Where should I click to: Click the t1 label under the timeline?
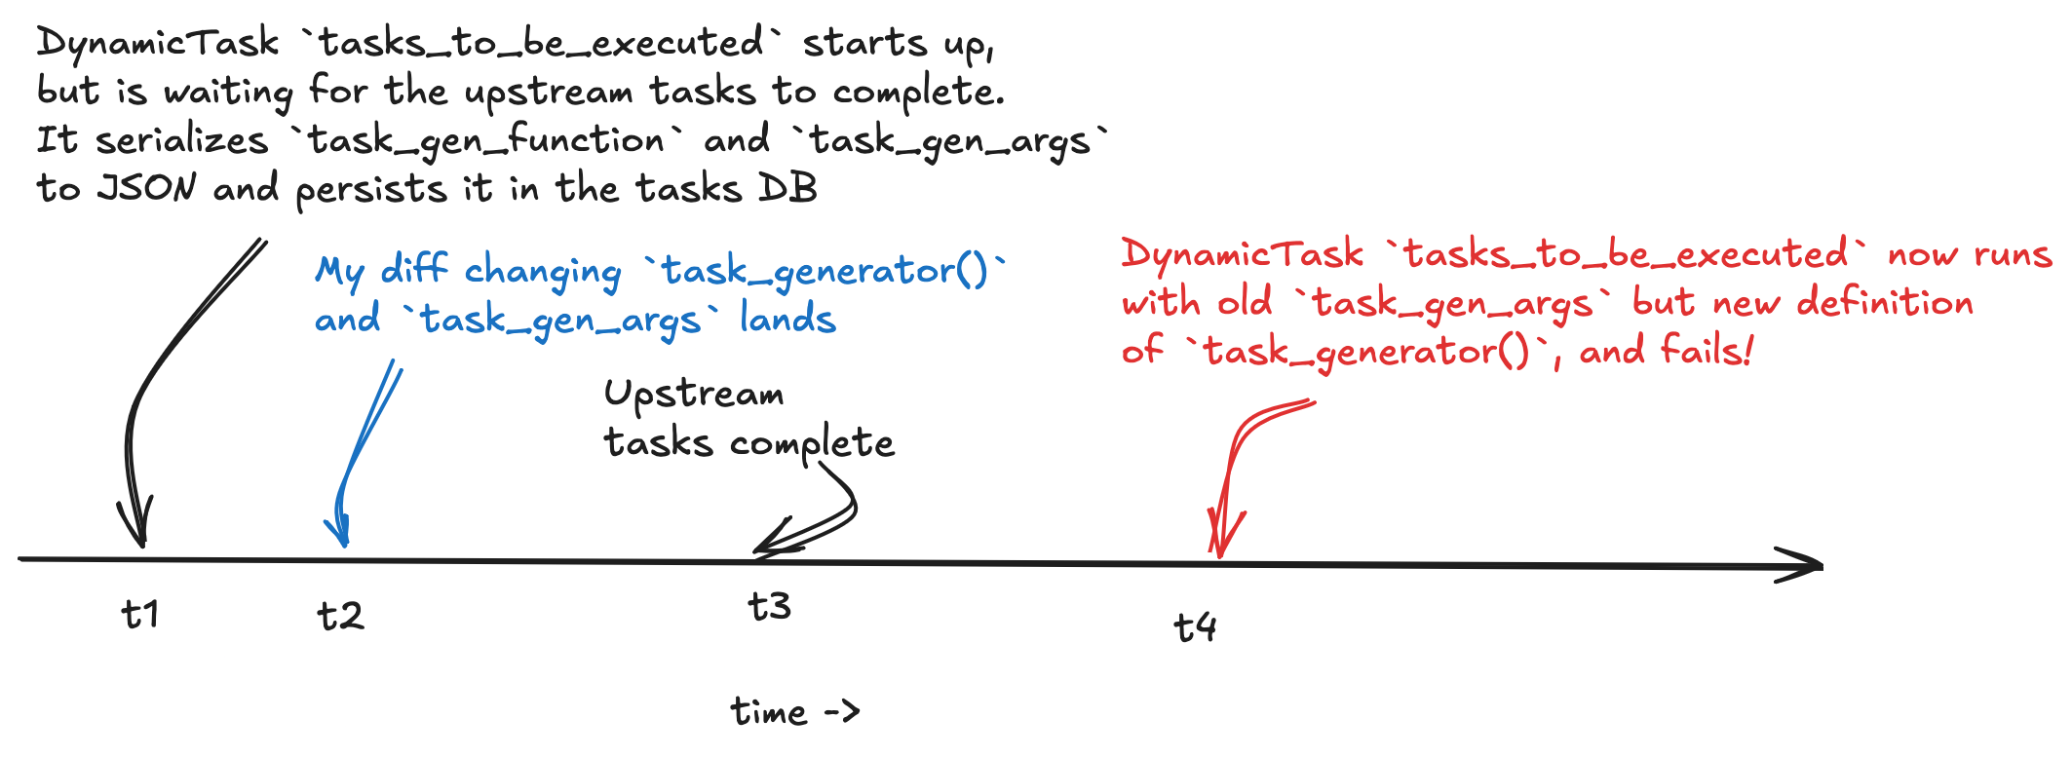[140, 615]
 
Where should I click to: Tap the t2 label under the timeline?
[340, 616]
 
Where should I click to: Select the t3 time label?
[769, 606]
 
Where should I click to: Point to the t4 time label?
[1195, 626]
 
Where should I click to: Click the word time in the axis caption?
[769, 711]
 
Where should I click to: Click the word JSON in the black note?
[147, 187]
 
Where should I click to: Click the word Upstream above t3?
[694, 395]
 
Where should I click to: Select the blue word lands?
[787, 319]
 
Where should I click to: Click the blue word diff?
[414, 269]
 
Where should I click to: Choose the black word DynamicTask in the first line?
[158, 43]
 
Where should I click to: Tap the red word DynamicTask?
[1242, 254]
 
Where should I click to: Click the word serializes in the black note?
[181, 140]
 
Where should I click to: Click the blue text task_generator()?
[825, 270]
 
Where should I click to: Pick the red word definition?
[1885, 302]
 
